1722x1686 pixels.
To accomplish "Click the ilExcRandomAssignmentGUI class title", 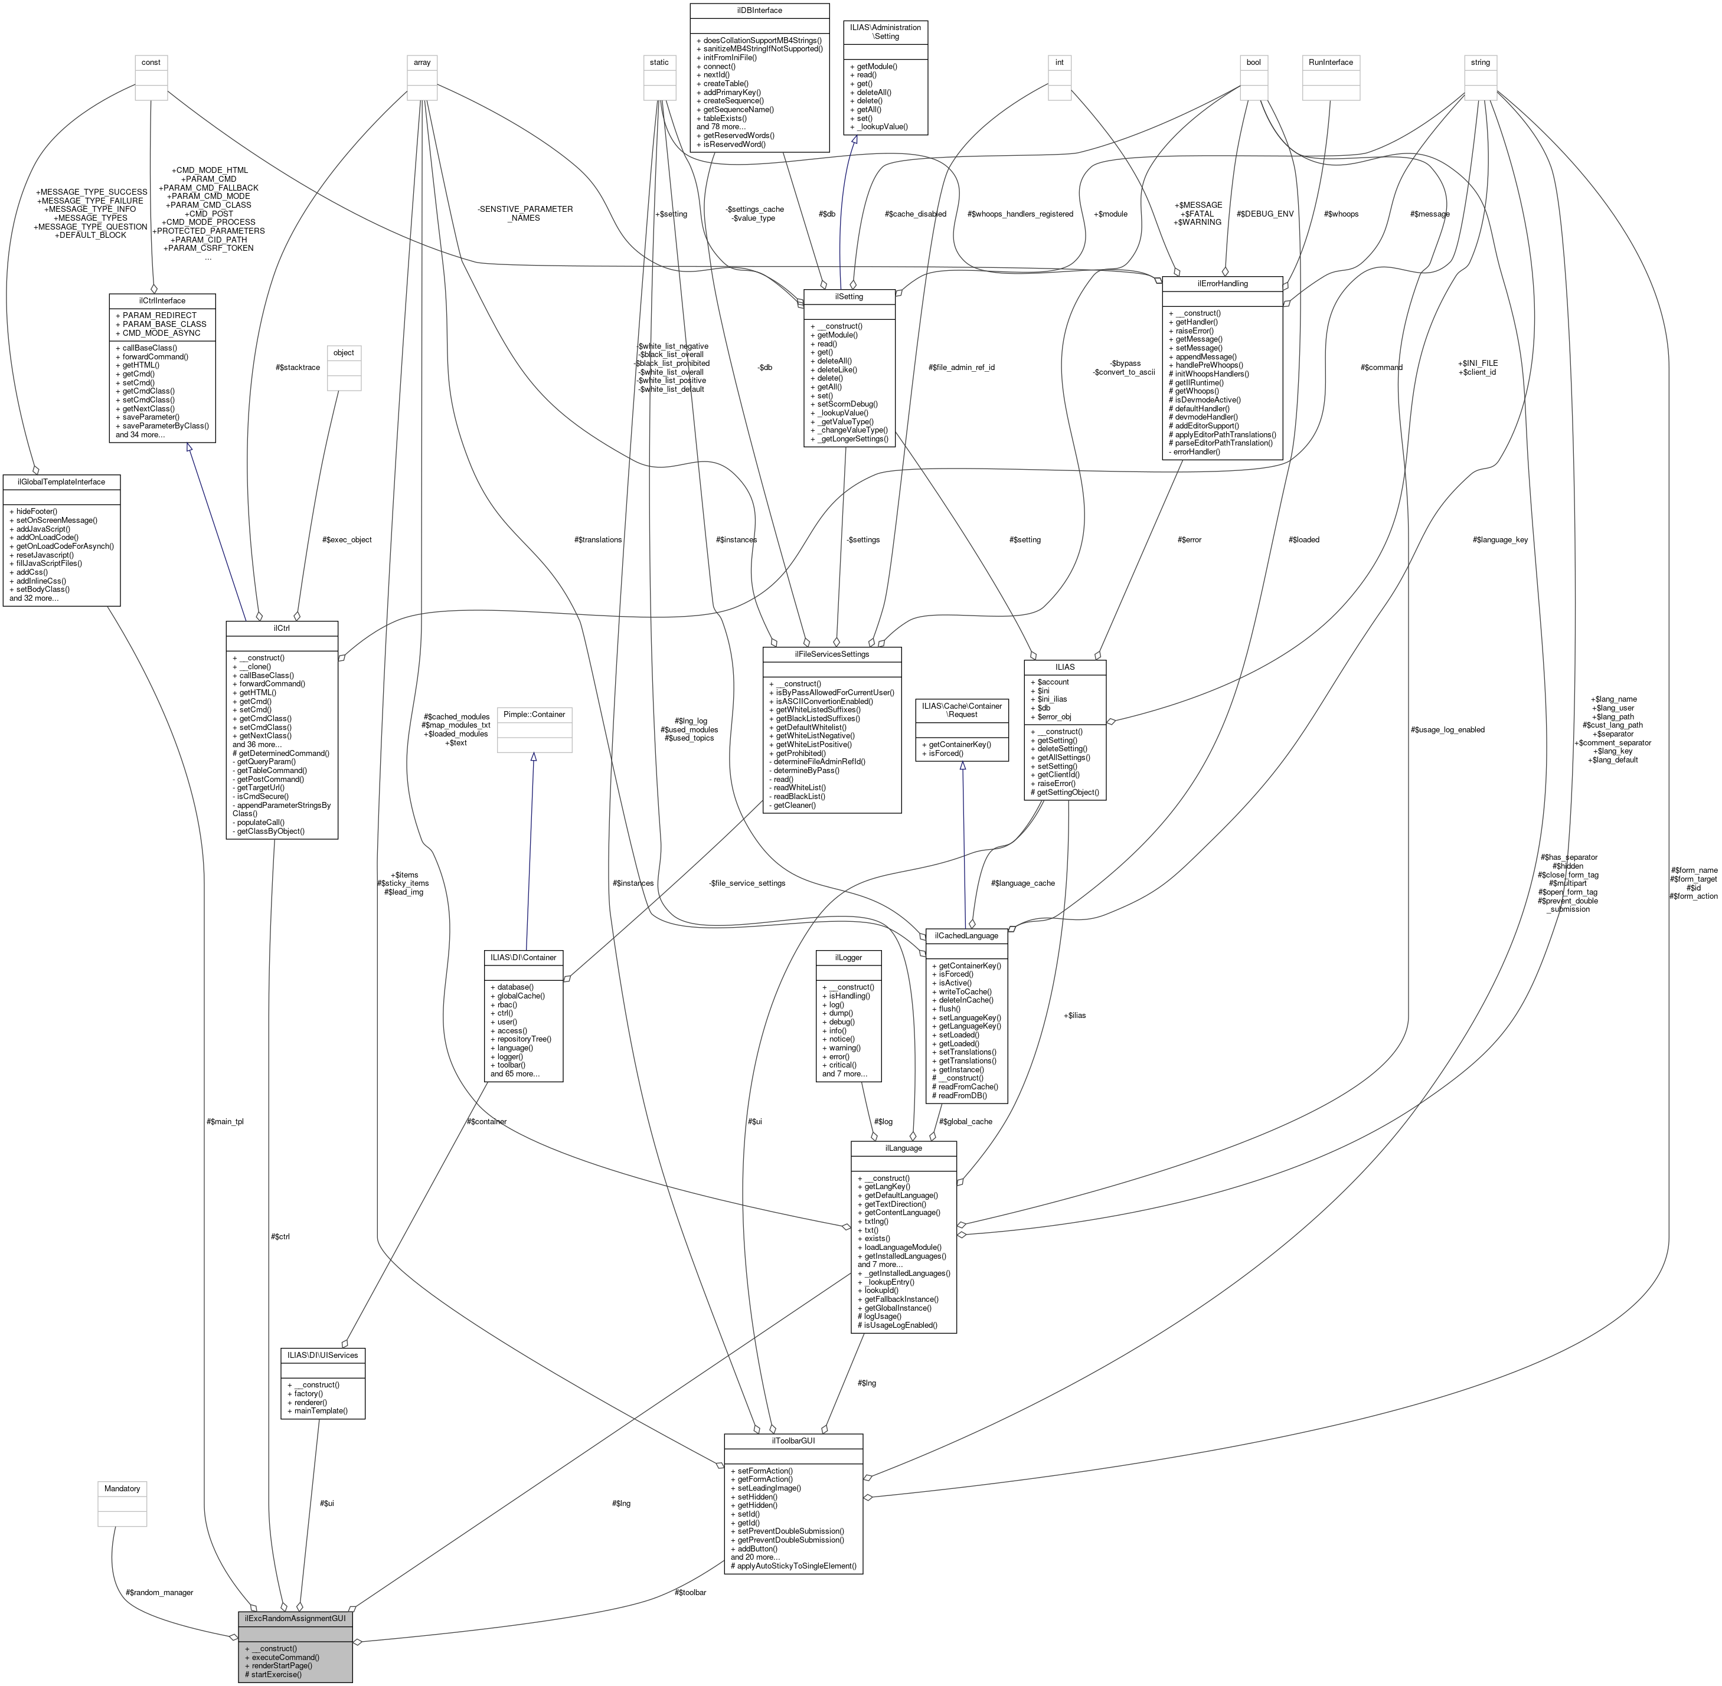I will point(295,1617).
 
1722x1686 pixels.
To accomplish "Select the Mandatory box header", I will point(122,1488).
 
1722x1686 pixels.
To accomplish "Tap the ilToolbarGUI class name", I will point(793,1441).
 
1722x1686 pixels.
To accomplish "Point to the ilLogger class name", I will point(848,957).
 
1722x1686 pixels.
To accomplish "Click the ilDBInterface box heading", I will point(759,10).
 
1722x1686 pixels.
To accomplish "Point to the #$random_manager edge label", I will point(159,1592).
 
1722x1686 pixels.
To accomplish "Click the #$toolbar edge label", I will point(690,1592).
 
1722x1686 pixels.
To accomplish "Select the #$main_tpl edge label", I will point(224,1121).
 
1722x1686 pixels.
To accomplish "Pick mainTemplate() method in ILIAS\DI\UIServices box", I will point(316,1410).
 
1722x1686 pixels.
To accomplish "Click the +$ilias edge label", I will point(1074,1015).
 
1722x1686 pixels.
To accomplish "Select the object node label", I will point(344,352).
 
